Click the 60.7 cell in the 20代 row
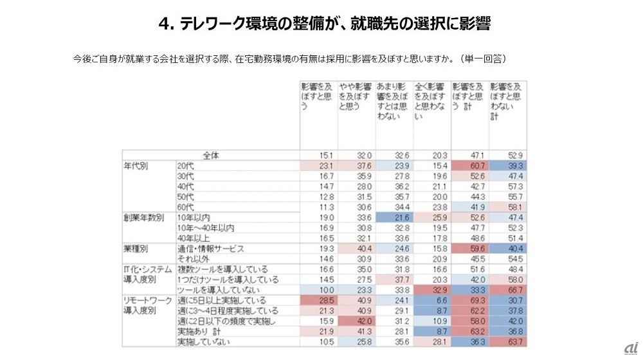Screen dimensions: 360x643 pos(470,165)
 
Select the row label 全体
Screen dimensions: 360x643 pos(211,155)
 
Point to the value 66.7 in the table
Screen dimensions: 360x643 pos(507,290)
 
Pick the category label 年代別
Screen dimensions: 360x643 pos(136,165)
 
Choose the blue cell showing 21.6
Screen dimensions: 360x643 pos(394,217)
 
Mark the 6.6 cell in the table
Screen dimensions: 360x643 pos(431,300)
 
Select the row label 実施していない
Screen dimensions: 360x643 pos(199,342)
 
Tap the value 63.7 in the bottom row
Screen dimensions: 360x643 pos(507,342)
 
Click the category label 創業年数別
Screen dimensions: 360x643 pos(141,217)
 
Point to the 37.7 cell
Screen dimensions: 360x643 pos(394,280)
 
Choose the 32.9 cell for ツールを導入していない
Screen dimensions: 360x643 pos(431,290)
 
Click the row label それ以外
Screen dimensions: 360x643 pos(191,259)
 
